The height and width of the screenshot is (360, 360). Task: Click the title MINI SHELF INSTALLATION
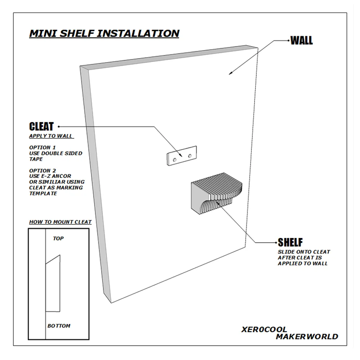click(104, 33)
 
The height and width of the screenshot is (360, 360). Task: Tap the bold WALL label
click(301, 41)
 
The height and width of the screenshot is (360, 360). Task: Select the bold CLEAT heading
click(41, 126)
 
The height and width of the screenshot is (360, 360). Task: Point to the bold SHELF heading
click(290, 242)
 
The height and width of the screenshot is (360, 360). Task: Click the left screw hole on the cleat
click(175, 160)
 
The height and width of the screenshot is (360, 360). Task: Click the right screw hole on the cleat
click(190, 156)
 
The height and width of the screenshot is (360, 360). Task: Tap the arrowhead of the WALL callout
click(230, 73)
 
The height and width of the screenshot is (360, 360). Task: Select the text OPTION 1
click(42, 147)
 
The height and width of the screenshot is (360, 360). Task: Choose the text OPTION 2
click(42, 171)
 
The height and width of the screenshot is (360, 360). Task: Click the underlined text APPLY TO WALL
click(51, 136)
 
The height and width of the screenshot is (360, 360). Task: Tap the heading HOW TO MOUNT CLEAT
click(60, 222)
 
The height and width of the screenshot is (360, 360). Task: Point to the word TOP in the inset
click(58, 239)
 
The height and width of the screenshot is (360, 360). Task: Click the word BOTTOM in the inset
click(59, 326)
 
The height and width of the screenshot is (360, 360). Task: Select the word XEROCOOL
click(264, 329)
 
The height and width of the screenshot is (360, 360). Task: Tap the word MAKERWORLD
click(307, 337)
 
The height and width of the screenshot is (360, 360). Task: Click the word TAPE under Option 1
click(36, 159)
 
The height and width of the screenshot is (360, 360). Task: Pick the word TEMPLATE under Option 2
click(43, 194)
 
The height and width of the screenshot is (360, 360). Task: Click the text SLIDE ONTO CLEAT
click(304, 252)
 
